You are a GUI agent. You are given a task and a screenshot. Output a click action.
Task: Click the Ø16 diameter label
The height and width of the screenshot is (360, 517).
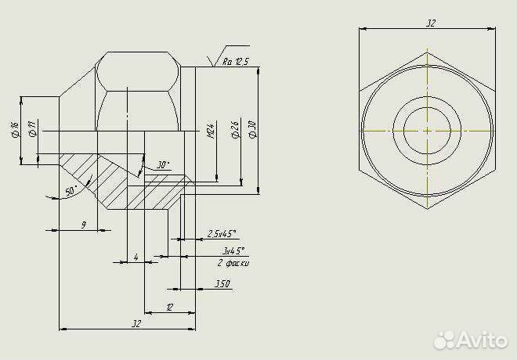pyautogui.click(x=14, y=130)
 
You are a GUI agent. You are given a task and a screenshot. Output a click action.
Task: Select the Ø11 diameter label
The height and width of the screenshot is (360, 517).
pyautogui.click(x=32, y=130)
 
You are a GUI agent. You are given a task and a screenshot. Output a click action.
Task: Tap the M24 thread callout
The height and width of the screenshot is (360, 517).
pyautogui.click(x=211, y=131)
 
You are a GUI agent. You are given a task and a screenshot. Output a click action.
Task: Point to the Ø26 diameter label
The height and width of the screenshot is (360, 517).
pyautogui.click(x=235, y=131)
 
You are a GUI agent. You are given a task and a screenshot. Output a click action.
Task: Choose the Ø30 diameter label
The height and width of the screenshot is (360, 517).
pyautogui.click(x=251, y=131)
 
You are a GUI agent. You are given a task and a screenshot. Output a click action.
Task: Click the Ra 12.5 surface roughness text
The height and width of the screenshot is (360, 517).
pyautogui.click(x=235, y=62)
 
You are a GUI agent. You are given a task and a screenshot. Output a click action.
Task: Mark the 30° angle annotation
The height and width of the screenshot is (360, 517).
pyautogui.click(x=162, y=165)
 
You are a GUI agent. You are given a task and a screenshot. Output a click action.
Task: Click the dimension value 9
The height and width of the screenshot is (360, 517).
pyautogui.click(x=83, y=225)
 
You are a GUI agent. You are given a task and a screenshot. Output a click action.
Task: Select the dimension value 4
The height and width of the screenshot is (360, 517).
pyautogui.click(x=136, y=257)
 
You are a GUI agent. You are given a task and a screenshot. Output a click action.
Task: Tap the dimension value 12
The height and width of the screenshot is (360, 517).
pyautogui.click(x=169, y=308)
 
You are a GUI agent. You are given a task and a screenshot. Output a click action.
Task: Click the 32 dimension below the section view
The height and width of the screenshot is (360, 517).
pyautogui.click(x=136, y=323)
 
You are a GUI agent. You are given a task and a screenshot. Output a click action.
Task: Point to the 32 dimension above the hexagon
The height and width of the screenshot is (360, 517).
pyautogui.click(x=430, y=23)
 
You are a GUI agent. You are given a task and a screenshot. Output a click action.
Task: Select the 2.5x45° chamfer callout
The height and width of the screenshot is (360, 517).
pyautogui.click(x=222, y=233)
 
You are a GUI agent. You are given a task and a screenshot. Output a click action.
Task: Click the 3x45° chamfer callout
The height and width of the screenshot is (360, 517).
pyautogui.click(x=233, y=250)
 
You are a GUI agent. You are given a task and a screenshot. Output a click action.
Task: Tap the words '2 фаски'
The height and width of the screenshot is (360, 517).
pyautogui.click(x=233, y=264)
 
